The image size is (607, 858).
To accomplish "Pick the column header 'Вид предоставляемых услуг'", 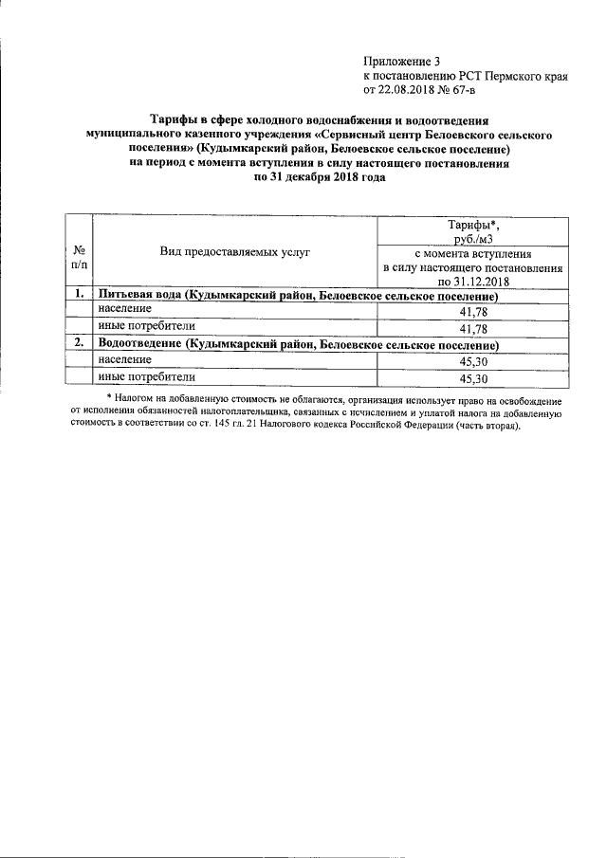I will [x=235, y=252].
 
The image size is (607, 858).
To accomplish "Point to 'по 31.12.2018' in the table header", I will [x=473, y=283].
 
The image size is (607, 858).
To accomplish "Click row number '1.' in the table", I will [x=81, y=296].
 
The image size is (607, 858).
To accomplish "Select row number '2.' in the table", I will [x=81, y=344].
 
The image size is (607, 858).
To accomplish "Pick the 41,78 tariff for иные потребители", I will [x=472, y=329].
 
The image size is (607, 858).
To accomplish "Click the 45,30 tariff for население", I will [x=472, y=361].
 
